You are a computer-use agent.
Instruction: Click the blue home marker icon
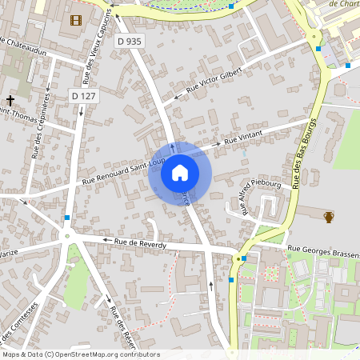tap(179, 173)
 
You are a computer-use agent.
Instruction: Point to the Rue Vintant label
tap(243, 140)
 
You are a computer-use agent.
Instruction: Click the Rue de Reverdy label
tap(139, 243)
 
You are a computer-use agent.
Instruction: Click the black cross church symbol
tap(10, 100)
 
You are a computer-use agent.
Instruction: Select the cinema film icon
tap(75, 20)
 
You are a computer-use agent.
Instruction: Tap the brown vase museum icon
tap(329, 215)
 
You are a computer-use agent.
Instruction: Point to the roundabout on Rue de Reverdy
tap(68, 234)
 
